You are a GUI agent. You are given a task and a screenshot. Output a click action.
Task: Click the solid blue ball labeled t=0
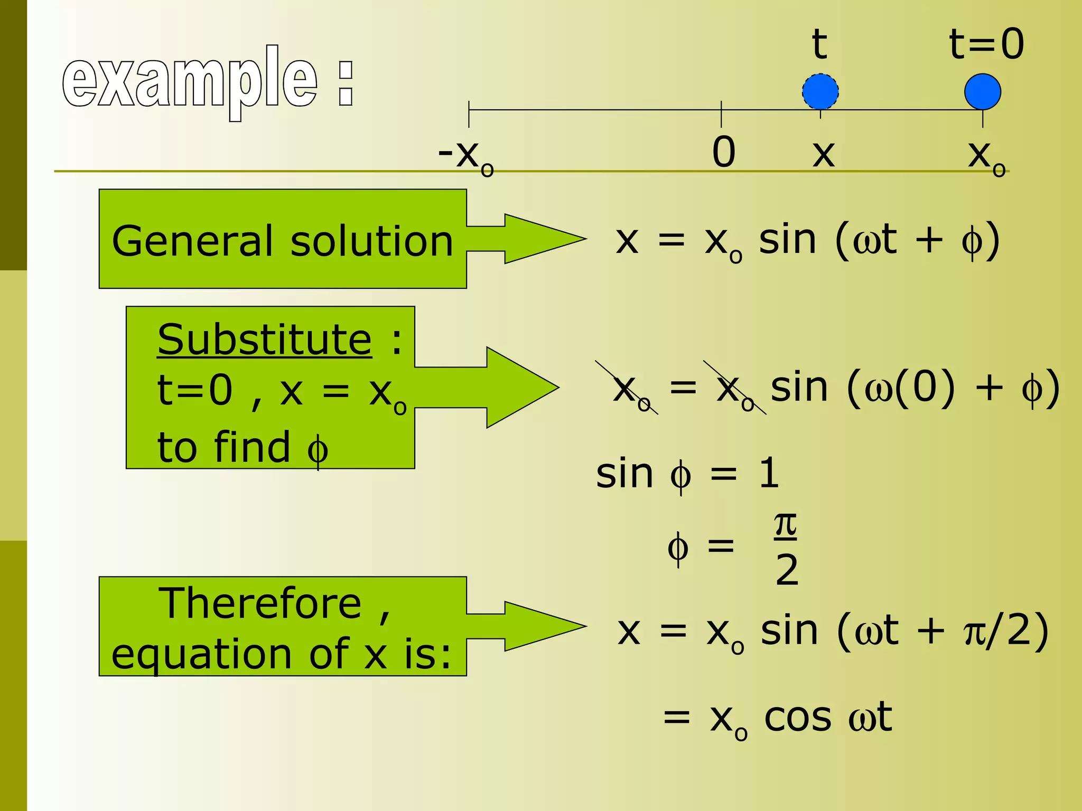point(982,92)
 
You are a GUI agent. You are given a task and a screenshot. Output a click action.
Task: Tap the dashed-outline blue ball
point(820,92)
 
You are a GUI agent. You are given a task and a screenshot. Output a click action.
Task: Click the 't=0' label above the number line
point(986,44)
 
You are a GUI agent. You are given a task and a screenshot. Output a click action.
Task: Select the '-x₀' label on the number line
point(465,156)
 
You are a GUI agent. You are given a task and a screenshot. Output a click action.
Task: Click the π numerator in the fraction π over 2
point(786,525)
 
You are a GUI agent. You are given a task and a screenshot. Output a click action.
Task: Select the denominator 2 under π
point(787,570)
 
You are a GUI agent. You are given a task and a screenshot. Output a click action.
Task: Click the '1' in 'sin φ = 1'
point(769,473)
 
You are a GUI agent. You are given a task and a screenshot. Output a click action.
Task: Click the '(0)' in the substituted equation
point(925,388)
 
